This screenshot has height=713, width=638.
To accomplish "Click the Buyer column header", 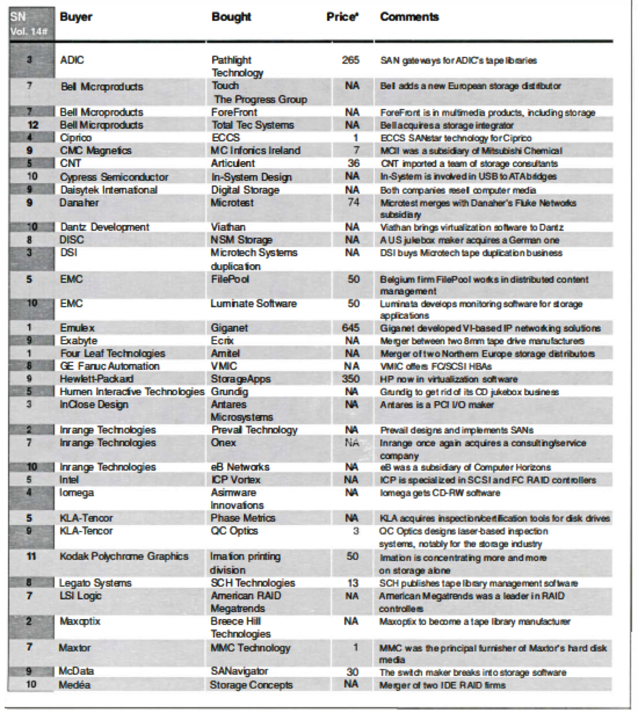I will click(76, 17).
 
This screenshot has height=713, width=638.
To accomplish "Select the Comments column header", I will click(409, 17).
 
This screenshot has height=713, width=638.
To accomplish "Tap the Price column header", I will click(342, 17).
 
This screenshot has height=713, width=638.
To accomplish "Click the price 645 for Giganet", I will click(350, 328).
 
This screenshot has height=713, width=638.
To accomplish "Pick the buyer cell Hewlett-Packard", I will click(96, 379).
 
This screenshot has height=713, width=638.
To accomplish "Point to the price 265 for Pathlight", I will click(350, 60).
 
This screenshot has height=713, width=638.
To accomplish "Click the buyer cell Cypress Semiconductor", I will click(114, 177).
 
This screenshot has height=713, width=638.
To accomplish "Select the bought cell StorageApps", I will click(240, 379).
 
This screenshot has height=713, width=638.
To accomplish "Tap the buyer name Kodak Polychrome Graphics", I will click(124, 556).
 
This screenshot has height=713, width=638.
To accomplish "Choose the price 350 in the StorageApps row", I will click(350, 379).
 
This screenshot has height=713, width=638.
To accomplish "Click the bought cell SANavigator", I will click(239, 672).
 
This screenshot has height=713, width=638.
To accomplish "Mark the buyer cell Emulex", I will click(77, 328).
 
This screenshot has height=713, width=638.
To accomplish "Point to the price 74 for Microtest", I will click(353, 202).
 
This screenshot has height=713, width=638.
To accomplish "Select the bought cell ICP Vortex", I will click(235, 480).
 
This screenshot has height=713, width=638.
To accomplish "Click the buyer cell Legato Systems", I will click(95, 582).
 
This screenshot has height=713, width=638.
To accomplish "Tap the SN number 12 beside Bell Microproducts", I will click(33, 125).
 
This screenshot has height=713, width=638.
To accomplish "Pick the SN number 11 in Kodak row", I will click(31, 556).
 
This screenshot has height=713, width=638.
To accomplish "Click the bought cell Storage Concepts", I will click(251, 685).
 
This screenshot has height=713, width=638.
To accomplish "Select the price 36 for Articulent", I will click(353, 163).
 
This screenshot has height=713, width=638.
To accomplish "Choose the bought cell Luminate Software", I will click(253, 304).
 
